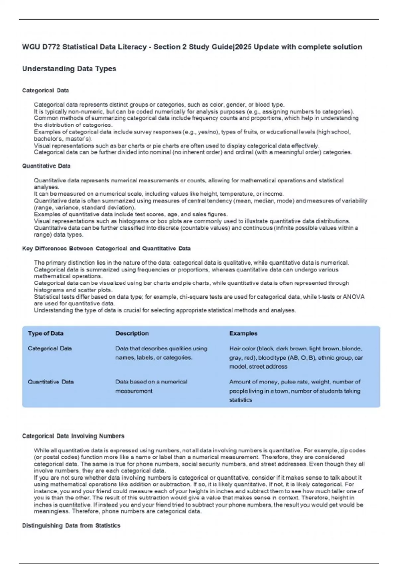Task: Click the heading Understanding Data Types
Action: (69, 69)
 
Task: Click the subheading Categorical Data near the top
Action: (45, 90)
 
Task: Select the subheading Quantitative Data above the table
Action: (46, 166)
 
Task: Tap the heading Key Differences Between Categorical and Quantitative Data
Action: (106, 248)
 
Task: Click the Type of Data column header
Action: (45, 333)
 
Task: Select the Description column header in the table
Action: (132, 333)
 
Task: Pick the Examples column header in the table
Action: (243, 333)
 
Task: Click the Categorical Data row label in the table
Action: (50, 348)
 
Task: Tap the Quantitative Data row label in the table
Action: (51, 382)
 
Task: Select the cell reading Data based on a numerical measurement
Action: (151, 386)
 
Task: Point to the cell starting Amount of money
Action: (295, 391)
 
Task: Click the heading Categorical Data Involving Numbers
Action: (73, 436)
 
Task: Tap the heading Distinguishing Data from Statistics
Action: (71, 526)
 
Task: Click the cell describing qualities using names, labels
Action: (161, 353)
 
